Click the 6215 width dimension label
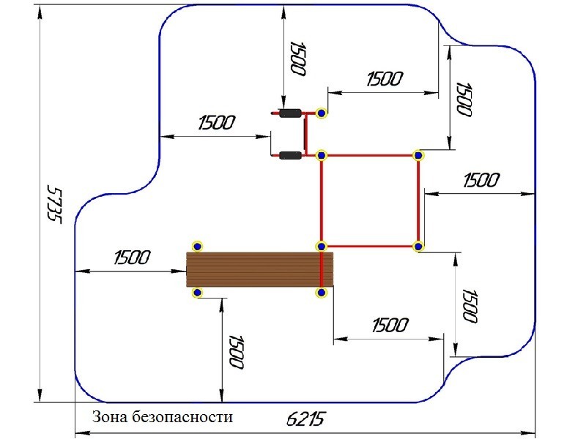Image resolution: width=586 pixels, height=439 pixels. point(305,419)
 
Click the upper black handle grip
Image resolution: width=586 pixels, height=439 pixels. point(290,113)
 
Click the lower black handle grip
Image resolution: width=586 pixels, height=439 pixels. point(290,155)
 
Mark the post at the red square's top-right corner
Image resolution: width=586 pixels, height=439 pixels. point(418,155)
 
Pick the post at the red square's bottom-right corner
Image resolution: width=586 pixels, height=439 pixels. point(418,247)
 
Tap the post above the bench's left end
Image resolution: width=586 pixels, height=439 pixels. point(196,246)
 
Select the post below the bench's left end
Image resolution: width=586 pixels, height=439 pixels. point(196,293)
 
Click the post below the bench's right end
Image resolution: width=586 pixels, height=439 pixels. point(320,293)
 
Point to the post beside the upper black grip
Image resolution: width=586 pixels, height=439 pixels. point(321,113)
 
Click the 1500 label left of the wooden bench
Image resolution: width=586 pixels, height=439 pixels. point(132,258)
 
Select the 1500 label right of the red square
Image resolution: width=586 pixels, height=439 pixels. point(481,180)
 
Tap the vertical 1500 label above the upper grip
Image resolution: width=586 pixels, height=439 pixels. point(297,59)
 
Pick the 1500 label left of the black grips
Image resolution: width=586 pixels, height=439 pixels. point(216,122)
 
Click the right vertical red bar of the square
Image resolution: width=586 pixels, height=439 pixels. point(418,201)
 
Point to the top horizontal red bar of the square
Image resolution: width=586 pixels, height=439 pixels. point(369,155)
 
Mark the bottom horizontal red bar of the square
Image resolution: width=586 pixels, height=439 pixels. point(369,247)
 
